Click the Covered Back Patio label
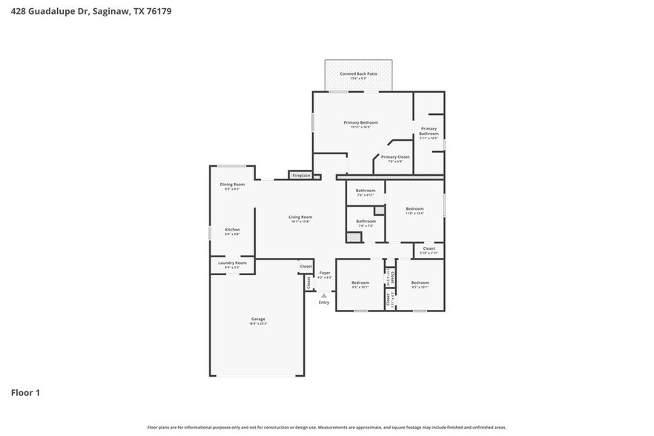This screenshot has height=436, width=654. pyautogui.click(x=359, y=74)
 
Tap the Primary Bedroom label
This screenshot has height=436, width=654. pyautogui.click(x=360, y=122)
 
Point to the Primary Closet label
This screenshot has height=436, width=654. pyautogui.click(x=394, y=157)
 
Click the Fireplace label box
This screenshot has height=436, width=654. pyautogui.click(x=301, y=176)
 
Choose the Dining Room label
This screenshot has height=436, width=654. pyautogui.click(x=232, y=185)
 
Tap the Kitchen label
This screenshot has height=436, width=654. pyautogui.click(x=232, y=230)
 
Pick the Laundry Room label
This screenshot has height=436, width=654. pyautogui.click(x=232, y=262)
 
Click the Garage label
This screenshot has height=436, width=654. pyautogui.click(x=257, y=319)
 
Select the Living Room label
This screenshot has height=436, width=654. pyautogui.click(x=300, y=217)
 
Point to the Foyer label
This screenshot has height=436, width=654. pyautogui.click(x=325, y=273)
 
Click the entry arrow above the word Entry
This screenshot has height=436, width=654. pyautogui.click(x=324, y=295)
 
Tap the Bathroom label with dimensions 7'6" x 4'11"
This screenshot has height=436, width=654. pyautogui.click(x=366, y=191)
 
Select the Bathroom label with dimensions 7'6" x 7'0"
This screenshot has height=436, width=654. pyautogui.click(x=366, y=221)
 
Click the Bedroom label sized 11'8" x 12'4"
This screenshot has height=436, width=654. pyautogui.click(x=414, y=209)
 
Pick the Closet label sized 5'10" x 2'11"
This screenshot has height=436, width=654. pyautogui.click(x=429, y=248)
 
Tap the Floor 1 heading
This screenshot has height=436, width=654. pyautogui.click(x=25, y=392)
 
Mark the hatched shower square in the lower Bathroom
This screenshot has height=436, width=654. pyautogui.click(x=354, y=237)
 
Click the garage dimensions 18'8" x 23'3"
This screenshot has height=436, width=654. pyautogui.click(x=257, y=324)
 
